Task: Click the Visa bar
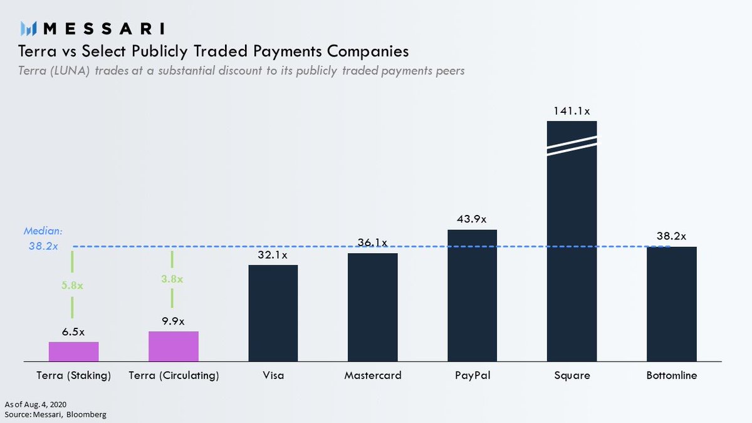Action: coord(273,313)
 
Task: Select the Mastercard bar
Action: coord(372,307)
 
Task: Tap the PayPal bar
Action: coord(472,295)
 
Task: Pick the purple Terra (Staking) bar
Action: coord(74,352)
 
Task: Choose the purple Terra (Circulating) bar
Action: coord(174,346)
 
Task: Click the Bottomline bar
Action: coord(671,304)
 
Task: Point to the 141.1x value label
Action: coord(572,111)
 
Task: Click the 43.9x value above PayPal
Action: coord(472,219)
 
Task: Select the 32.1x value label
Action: coord(273,255)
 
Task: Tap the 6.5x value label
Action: coord(74,332)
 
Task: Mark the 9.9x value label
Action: coord(174,321)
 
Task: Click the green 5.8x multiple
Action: coord(72,285)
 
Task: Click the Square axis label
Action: coord(572,376)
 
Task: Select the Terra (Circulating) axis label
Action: coord(174,376)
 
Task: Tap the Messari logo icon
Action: coord(29,29)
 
